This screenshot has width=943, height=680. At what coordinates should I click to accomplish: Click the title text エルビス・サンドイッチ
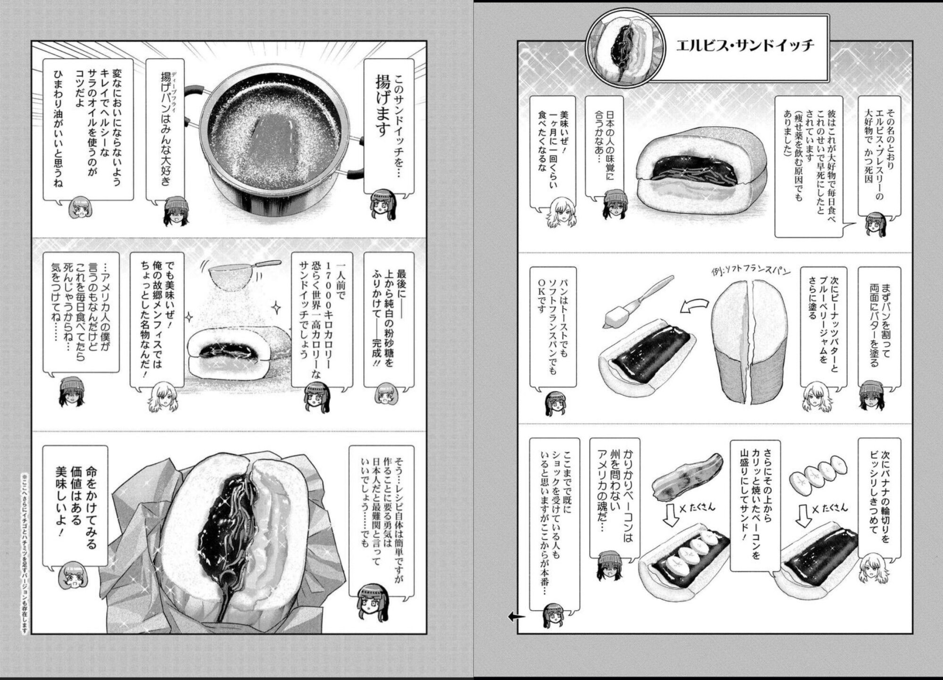pyautogui.click(x=745, y=46)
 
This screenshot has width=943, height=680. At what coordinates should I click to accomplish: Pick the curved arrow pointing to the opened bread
pyautogui.click(x=695, y=309)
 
